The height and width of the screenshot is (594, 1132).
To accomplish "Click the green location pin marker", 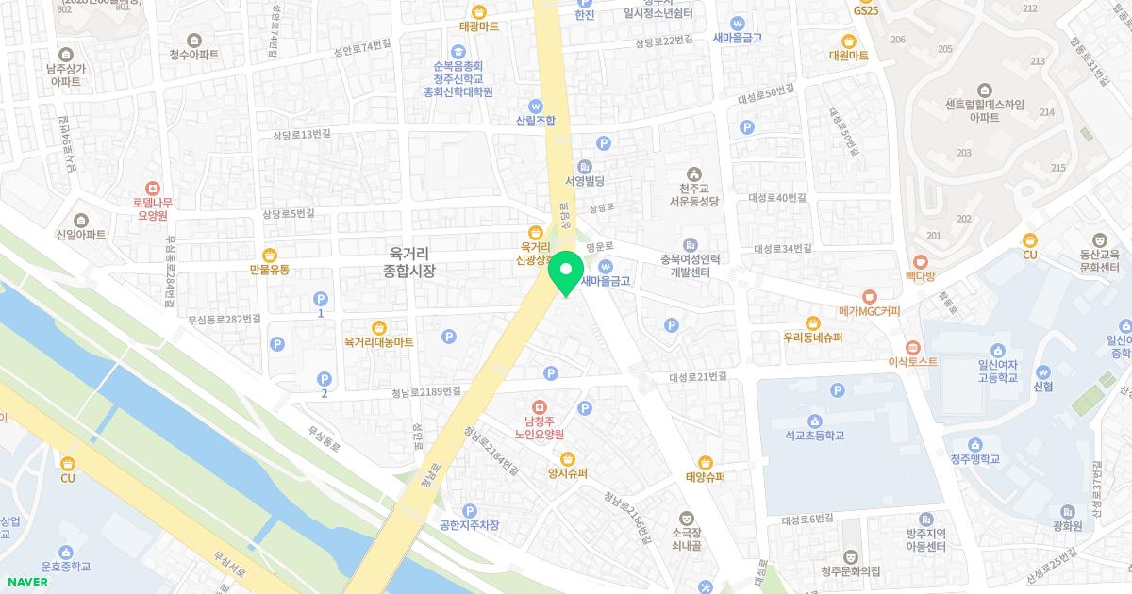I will (x=566, y=272).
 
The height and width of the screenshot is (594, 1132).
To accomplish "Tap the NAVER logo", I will (x=26, y=581).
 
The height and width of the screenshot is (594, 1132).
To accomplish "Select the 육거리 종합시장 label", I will (x=408, y=261).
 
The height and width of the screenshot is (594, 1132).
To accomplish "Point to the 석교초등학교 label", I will (x=814, y=436).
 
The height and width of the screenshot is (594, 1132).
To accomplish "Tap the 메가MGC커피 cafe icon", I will (x=870, y=295).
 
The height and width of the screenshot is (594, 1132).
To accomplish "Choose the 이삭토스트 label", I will (x=913, y=362).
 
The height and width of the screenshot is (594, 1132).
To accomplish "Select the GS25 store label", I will (x=865, y=10).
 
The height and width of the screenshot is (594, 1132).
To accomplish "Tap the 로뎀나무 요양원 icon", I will (x=152, y=188).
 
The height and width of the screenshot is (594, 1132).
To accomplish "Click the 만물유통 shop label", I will (x=270, y=270).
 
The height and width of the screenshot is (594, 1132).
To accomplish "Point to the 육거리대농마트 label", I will (x=378, y=342).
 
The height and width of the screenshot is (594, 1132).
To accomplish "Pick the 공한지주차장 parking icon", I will (x=469, y=510).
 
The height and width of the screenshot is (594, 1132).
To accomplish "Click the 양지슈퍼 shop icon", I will (x=568, y=458).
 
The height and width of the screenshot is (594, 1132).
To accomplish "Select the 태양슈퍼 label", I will (x=706, y=477).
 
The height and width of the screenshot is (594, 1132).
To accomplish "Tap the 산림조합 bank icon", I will (x=536, y=106).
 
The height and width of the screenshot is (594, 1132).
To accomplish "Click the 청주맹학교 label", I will (x=974, y=459).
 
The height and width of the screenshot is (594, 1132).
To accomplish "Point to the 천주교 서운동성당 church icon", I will (x=694, y=173).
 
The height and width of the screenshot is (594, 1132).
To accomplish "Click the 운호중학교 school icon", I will (x=65, y=552).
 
